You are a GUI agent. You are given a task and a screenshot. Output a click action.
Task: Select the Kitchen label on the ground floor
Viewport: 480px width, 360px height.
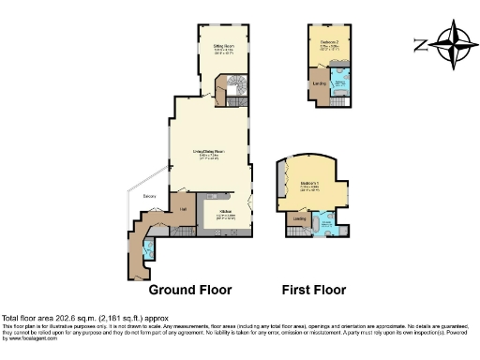225,212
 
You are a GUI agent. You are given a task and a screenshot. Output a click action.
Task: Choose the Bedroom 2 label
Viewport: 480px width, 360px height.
325,43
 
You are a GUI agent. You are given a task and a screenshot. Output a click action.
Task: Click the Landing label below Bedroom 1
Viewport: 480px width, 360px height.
300,220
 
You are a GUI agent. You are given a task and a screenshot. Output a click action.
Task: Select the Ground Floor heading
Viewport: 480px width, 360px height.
190,289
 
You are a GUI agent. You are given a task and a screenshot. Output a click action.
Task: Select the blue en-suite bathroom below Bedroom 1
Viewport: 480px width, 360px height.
328,223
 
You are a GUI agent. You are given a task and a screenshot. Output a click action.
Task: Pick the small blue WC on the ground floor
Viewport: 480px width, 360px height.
148,250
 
